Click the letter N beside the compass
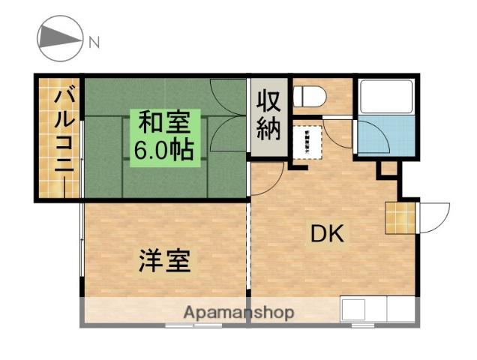[94, 43]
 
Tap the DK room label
[327, 235]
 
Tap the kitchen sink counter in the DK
[375, 310]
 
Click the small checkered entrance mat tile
[399, 217]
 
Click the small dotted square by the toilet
[307, 141]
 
